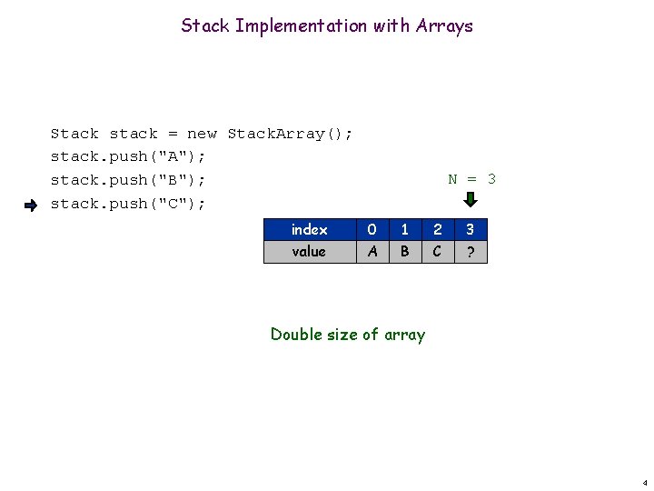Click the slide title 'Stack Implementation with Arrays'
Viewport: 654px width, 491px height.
327,25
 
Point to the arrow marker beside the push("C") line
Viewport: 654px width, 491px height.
30,205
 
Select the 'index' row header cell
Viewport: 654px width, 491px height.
309,230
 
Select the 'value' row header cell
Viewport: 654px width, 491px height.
309,252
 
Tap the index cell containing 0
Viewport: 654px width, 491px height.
372,230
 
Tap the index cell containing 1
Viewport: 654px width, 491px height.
404,230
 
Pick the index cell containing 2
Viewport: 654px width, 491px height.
437,230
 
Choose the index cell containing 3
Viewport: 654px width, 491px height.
470,230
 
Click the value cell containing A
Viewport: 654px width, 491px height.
372,252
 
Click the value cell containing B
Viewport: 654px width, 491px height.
404,252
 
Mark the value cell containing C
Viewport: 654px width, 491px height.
437,252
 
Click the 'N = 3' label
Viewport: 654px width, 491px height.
472,179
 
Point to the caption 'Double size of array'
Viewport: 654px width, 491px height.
348,335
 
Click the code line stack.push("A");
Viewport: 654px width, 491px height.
128,156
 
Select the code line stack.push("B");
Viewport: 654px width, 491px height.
128,180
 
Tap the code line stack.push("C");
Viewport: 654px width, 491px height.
128,204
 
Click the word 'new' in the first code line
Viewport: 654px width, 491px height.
202,134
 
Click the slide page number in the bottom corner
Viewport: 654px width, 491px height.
644,481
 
